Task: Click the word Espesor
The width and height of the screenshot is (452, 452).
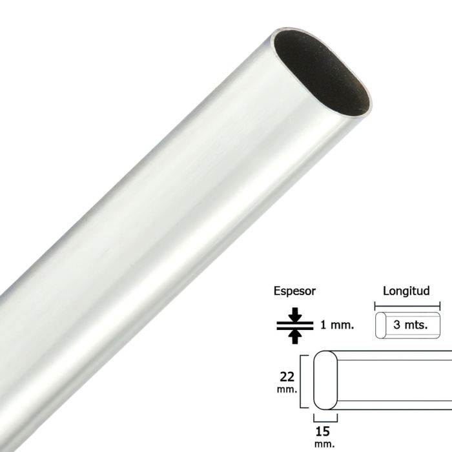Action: click(294, 291)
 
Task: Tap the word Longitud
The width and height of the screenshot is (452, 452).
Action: click(406, 291)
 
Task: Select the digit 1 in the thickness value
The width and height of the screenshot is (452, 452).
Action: click(324, 325)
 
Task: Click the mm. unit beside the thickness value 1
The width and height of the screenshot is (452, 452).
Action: click(342, 325)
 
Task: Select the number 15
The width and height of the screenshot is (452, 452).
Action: click(326, 430)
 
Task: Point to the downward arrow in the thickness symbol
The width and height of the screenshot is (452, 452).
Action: click(295, 314)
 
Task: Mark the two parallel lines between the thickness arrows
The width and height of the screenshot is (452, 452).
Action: click(295, 325)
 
